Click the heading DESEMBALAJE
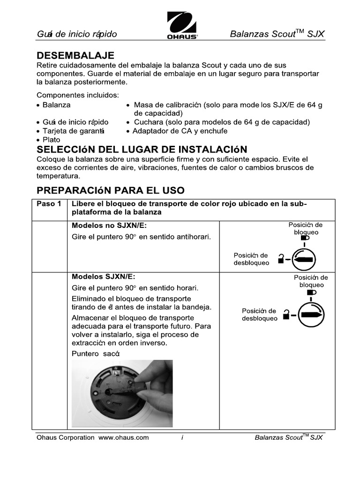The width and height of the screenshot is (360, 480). pyautogui.click(x=75, y=56)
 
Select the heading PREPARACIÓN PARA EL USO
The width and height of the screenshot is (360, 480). pyautogui.click(x=110, y=190)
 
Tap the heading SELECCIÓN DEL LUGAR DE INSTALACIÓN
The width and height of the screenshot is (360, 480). pyautogui.click(x=142, y=150)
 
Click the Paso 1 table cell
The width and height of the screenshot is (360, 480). pyautogui.click(x=49, y=203)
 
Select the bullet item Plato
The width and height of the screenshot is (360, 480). pyautogui.click(x=51, y=140)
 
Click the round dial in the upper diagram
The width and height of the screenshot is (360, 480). pyautogui.click(x=304, y=259)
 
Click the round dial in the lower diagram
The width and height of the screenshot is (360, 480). pyautogui.click(x=310, y=315)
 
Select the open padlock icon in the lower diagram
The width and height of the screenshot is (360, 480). pyautogui.click(x=287, y=314)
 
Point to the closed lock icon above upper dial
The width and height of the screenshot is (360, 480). pyautogui.click(x=306, y=238)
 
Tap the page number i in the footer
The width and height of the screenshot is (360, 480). pyautogui.click(x=181, y=437)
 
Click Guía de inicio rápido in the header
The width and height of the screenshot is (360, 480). pyautogui.click(x=77, y=34)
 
